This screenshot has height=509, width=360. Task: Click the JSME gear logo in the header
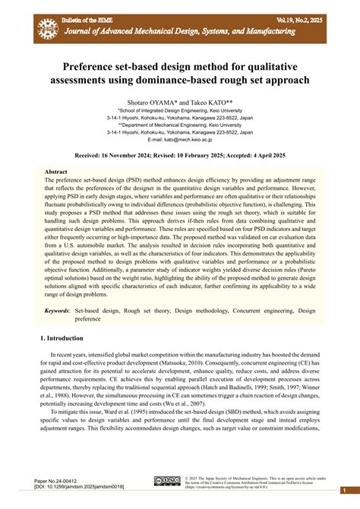pyautogui.click(x=48, y=28)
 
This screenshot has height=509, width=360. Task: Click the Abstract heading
pyautogui.click(x=57, y=172)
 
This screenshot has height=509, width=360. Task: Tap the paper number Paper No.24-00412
pyautogui.click(x=57, y=481)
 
